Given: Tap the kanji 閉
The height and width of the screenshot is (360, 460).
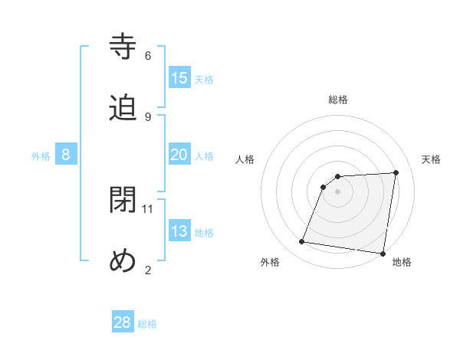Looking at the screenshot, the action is [123, 201].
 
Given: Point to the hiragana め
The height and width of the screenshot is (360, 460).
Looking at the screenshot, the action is [123, 261].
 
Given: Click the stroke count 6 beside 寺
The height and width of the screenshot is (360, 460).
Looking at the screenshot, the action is [148, 55].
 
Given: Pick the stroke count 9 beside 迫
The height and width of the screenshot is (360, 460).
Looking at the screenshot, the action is [148, 116].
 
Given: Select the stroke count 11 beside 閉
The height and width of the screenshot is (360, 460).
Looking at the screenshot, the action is [148, 208].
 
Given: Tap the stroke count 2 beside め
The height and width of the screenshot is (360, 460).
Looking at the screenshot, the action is [148, 270].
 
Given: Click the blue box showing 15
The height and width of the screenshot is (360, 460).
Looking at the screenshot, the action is [179, 78].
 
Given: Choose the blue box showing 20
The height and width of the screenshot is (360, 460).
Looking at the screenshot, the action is [179, 155].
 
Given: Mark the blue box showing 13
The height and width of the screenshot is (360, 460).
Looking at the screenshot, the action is [179, 231].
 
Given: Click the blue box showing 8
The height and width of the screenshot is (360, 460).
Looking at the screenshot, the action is [66, 155].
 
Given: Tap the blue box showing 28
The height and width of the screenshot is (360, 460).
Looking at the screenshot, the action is [123, 322].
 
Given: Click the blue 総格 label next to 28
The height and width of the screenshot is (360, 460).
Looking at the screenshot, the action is [147, 324].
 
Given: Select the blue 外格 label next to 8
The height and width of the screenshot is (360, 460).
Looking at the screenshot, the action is [41, 156].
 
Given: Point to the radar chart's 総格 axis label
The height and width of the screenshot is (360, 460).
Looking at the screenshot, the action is [338, 100].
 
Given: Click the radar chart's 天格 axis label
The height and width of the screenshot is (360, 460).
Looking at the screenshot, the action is [431, 159].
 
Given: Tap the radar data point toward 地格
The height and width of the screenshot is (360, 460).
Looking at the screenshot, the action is [382, 254].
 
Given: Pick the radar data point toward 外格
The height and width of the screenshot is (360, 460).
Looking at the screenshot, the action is [302, 242].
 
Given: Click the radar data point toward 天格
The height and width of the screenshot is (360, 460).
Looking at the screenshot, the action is [396, 172].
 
